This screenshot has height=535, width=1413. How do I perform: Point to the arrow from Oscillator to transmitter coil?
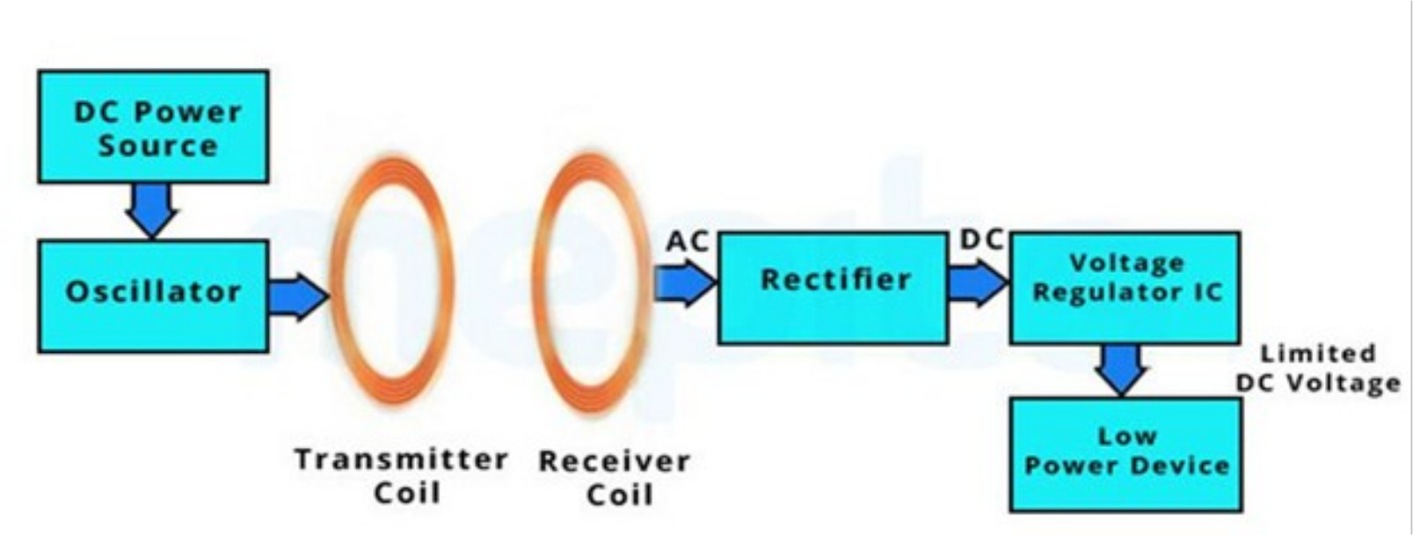[x=297, y=296]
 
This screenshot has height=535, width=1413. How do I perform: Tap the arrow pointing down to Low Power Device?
[x=1123, y=368]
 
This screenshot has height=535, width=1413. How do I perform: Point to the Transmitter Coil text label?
[x=402, y=475]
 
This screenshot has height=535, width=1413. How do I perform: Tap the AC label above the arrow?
[x=687, y=241]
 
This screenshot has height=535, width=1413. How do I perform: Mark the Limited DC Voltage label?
[x=1317, y=368]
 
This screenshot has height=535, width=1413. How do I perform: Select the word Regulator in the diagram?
[x=1095, y=292]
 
